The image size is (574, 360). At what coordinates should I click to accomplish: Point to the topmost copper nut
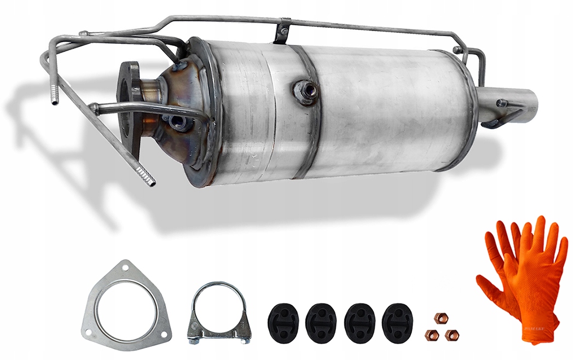pos(439,317)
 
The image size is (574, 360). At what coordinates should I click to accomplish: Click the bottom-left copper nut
pos(432,334)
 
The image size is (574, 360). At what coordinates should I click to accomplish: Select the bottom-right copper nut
pos(451,335)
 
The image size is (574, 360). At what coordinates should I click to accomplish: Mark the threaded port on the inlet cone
pos(176,121)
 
